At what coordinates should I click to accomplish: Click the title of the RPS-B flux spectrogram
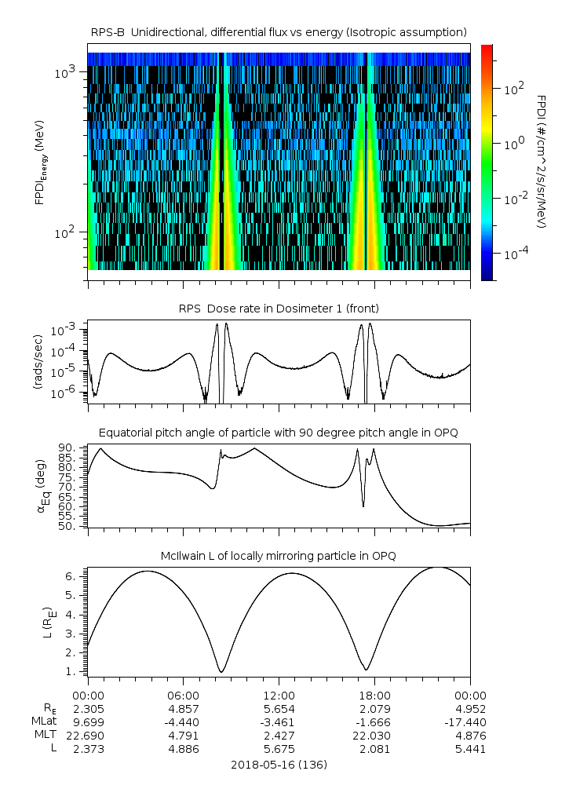tap(279, 31)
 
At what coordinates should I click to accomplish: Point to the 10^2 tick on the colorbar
tap(509, 89)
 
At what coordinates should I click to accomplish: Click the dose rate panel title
tap(279, 308)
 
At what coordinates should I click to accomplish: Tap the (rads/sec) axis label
tap(37, 363)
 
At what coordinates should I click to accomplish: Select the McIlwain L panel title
tap(279, 556)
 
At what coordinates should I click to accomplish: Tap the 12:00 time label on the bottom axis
tap(279, 695)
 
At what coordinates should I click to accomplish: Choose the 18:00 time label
tap(374, 695)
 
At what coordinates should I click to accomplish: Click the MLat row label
tap(43, 721)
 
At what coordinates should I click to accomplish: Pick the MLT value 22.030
tap(374, 735)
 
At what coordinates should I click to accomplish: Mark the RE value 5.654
tap(279, 708)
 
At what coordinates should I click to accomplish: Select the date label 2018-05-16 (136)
tap(279, 764)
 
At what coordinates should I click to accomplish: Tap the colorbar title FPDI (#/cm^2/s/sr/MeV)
tap(542, 161)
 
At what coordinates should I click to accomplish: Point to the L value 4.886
tap(183, 748)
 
